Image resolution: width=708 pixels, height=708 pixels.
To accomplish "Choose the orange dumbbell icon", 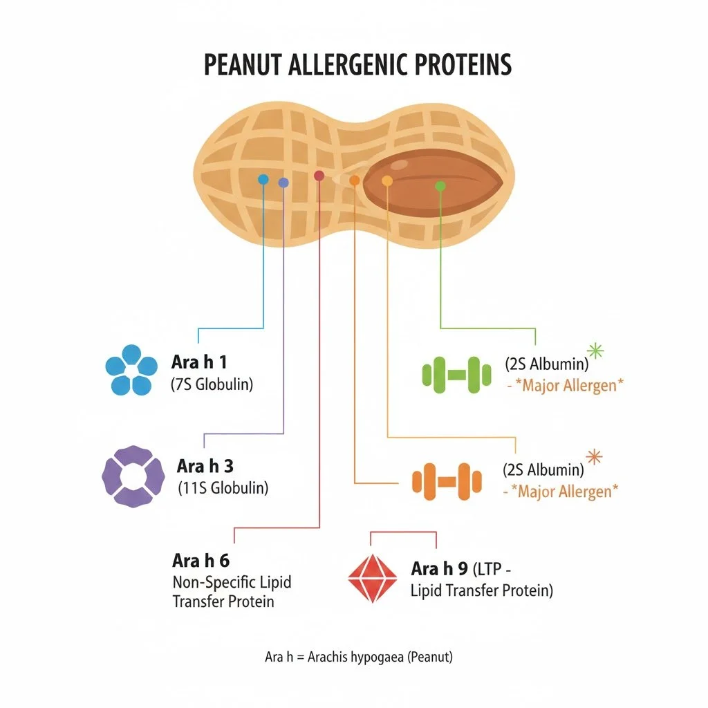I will pyautogui.click(x=442, y=481).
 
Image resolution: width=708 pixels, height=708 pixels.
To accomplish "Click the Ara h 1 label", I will pyautogui.click(x=198, y=362).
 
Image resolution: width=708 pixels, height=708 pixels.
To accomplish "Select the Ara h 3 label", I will pyautogui.click(x=205, y=466).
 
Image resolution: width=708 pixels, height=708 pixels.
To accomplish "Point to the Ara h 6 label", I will pyautogui.click(x=200, y=560).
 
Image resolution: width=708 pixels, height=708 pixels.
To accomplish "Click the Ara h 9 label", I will pyautogui.click(x=439, y=569).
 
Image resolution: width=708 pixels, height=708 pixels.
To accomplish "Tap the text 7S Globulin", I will pyautogui.click(x=212, y=385).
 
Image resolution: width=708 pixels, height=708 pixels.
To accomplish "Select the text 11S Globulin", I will pyautogui.click(x=223, y=487).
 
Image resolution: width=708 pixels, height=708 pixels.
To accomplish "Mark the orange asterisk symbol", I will pyautogui.click(x=593, y=458).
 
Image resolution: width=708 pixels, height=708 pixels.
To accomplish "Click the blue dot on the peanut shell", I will pyautogui.click(x=263, y=179).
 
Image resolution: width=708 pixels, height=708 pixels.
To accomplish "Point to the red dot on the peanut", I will pyautogui.click(x=319, y=176).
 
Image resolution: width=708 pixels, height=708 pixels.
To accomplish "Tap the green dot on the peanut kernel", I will pyautogui.click(x=440, y=186).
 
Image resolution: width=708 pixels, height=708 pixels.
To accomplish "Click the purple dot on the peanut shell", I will pyautogui.click(x=283, y=183).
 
